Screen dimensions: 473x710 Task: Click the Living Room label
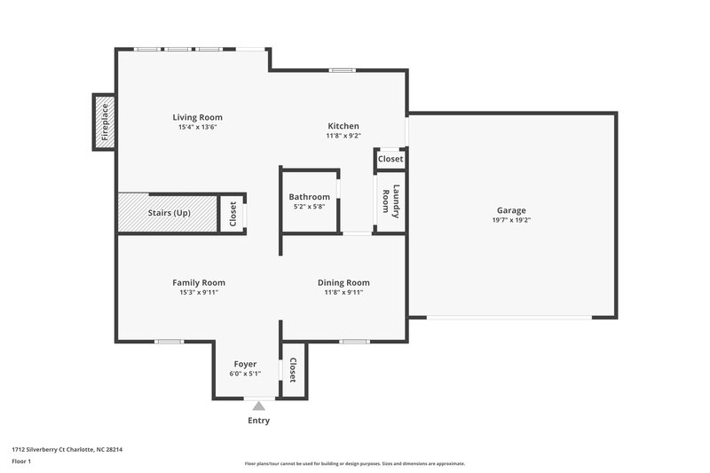(x=197, y=117)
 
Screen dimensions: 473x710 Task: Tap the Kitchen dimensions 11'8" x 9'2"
(x=343, y=136)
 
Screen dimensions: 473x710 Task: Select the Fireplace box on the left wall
(x=104, y=122)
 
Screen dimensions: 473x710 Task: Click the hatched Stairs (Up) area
(x=169, y=213)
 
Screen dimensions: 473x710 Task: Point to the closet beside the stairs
(x=233, y=214)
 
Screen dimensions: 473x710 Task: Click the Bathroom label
(x=309, y=197)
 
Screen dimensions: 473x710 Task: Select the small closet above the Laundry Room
(x=390, y=159)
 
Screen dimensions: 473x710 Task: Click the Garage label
(x=511, y=210)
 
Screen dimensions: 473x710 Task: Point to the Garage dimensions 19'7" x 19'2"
(x=511, y=220)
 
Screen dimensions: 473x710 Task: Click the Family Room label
(x=198, y=282)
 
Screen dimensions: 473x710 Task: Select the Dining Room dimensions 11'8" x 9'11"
(x=343, y=292)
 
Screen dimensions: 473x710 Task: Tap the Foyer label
(x=245, y=364)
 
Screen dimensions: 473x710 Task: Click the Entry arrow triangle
(x=258, y=406)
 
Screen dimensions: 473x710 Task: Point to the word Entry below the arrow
(x=258, y=421)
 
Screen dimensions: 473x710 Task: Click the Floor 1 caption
(x=21, y=462)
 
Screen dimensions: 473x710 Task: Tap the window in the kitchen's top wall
(x=342, y=70)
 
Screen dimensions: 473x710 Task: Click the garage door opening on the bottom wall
(x=511, y=318)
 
